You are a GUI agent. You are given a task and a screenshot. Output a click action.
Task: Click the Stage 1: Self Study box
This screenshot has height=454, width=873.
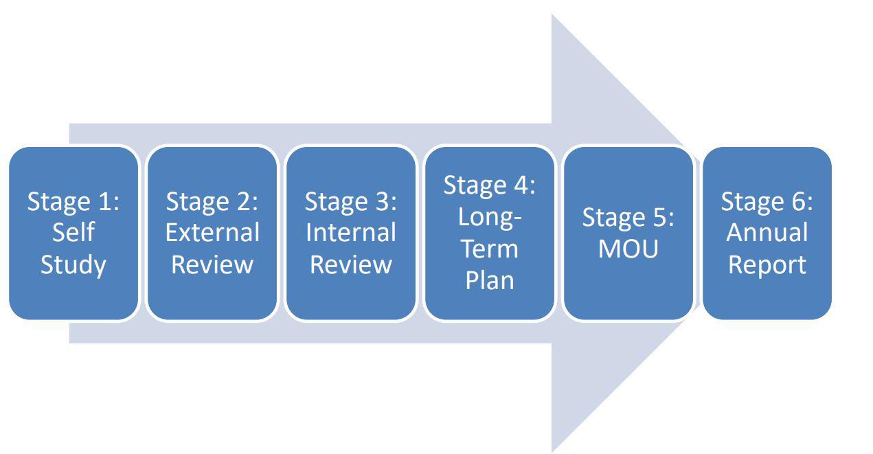(73, 233)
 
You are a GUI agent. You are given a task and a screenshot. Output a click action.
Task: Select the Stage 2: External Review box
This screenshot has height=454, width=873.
(212, 233)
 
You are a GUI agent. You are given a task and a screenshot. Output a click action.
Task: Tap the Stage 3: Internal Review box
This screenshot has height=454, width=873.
(351, 233)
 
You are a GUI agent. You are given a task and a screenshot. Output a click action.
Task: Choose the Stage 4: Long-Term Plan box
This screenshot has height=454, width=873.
(490, 233)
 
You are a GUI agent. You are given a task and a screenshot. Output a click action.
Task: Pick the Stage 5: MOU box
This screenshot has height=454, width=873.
(628, 233)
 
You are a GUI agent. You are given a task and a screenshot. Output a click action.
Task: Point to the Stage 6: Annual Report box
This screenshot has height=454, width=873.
(767, 233)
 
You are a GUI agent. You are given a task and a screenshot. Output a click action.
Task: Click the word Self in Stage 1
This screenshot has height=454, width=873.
(73, 232)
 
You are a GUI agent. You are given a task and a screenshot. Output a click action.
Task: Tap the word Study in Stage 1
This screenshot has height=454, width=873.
(73, 266)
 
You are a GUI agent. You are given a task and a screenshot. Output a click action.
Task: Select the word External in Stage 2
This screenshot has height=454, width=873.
(212, 232)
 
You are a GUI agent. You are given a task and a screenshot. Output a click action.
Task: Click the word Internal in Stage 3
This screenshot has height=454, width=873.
(351, 232)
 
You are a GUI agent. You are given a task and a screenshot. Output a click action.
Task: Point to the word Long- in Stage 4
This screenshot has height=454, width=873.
(490, 218)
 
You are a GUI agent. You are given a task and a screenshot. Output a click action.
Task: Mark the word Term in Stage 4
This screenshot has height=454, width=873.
(490, 249)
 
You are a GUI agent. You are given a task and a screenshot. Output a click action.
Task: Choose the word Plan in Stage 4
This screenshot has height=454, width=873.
(490, 280)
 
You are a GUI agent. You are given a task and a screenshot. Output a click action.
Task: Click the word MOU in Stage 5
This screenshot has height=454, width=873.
(628, 249)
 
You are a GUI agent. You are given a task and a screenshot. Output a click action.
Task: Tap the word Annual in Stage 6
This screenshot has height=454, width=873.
(767, 232)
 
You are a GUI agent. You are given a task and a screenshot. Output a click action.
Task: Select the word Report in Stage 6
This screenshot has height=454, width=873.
(767, 266)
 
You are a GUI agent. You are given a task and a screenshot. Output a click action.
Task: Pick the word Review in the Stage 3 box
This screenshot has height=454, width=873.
(351, 264)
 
